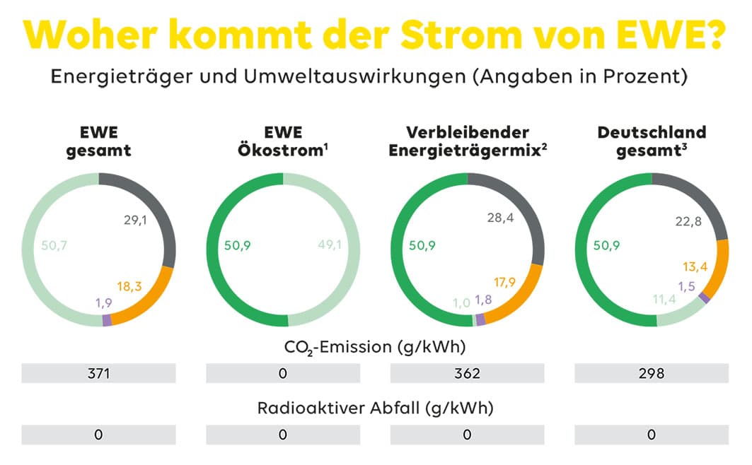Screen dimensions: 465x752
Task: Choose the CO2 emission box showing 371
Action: click(98, 373)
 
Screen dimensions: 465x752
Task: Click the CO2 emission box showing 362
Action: click(467, 373)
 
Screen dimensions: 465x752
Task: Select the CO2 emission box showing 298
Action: click(652, 373)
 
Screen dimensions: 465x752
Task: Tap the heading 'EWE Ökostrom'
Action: click(282, 141)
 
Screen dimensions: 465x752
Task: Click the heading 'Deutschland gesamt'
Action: click(652, 141)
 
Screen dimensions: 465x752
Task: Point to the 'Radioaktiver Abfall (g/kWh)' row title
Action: click(375, 408)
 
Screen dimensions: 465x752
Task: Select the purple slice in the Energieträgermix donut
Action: click(481, 319)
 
